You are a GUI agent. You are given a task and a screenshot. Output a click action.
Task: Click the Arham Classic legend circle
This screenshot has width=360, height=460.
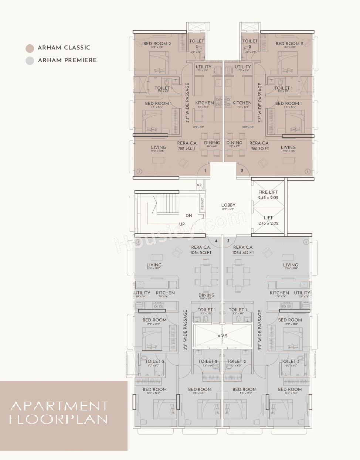point(30,48)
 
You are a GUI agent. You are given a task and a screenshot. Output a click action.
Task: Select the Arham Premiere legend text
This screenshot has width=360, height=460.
point(67,60)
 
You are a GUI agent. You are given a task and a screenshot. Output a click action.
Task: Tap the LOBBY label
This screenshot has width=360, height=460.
point(228,205)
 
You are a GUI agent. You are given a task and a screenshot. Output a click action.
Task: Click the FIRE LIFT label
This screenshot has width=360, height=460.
point(268,192)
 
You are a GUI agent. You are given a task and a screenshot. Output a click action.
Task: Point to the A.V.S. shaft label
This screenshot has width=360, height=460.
point(223,336)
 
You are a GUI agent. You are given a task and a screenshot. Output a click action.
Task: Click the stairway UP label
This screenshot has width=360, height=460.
point(182,224)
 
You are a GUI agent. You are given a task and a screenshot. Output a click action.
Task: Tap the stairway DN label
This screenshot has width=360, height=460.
point(189,216)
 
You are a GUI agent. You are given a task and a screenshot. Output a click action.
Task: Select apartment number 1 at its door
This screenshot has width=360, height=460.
point(205,171)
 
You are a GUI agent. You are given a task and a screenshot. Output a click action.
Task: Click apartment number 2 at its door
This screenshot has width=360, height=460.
point(242,171)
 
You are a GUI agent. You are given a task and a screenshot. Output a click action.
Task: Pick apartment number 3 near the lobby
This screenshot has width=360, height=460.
point(228,241)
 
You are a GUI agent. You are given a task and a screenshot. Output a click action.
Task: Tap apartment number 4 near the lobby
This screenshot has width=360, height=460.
point(216,241)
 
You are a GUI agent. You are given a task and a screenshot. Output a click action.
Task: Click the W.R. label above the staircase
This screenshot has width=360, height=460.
point(199,185)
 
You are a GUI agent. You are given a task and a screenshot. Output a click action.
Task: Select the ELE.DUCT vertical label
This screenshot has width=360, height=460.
point(202,204)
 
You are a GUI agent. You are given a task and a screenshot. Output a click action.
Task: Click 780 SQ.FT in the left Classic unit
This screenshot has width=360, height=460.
point(187,149)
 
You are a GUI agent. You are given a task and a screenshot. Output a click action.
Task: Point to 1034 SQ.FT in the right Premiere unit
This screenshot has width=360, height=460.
point(243,253)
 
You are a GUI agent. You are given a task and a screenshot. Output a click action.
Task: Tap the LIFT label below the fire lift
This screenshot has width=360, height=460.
point(268,218)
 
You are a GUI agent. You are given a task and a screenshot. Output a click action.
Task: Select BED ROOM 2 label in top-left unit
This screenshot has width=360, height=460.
point(157,44)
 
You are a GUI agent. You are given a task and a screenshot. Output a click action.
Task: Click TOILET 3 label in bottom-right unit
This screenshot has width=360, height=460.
point(290,361)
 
